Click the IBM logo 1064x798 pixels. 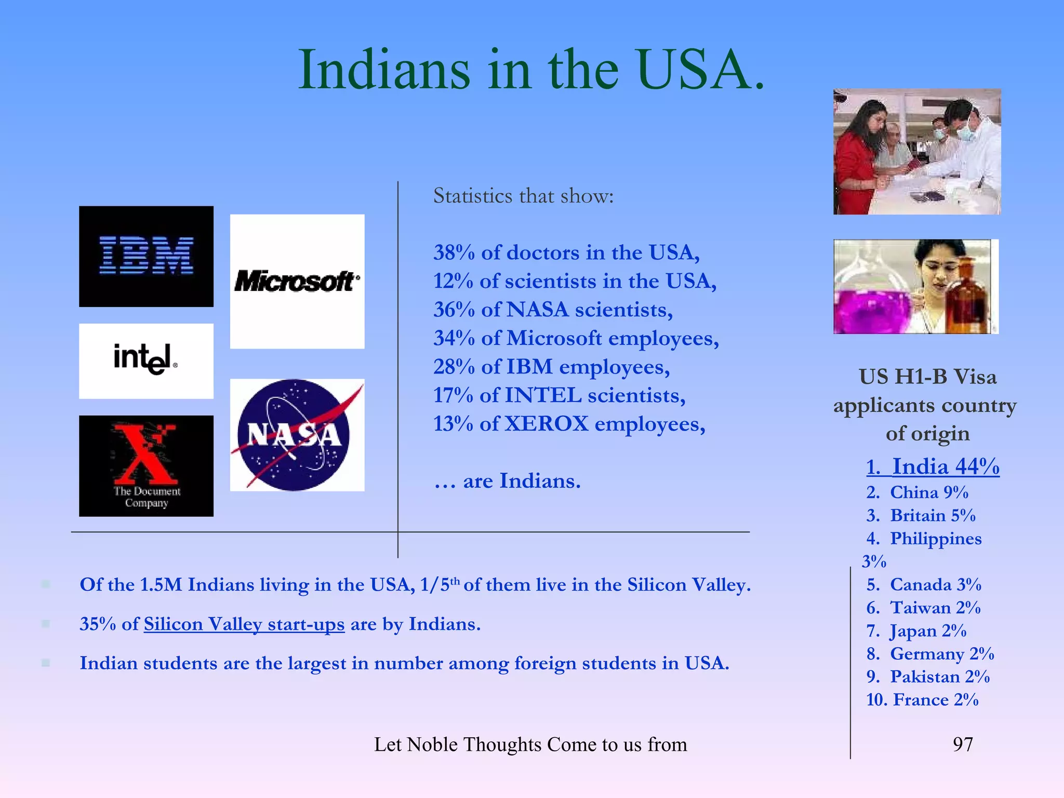coord(146,256)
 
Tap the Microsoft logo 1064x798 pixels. coord(297,281)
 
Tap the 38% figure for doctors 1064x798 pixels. coord(454,252)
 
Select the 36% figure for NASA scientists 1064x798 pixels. coord(454,310)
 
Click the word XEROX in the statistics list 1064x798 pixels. coord(547,424)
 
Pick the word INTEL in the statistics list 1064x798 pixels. coord(543,395)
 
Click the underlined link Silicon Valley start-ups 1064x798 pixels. coord(244,624)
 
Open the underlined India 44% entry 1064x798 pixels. coord(933,467)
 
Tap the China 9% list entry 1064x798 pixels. coord(917,492)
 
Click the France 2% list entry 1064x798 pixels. coord(923,700)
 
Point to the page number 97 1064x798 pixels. coord(963,744)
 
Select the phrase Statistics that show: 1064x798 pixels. coord(523,196)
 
